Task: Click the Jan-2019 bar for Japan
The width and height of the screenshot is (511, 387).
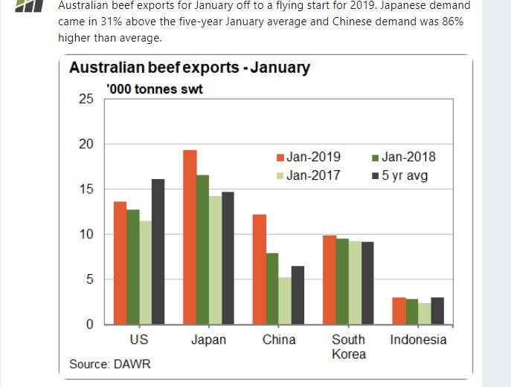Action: click(190, 238)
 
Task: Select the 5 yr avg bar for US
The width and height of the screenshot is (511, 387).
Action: click(158, 252)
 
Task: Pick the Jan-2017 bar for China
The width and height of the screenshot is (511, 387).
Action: click(285, 301)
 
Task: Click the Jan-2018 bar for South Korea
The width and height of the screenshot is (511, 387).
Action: click(341, 282)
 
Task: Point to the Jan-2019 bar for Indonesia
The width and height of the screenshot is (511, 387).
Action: click(399, 311)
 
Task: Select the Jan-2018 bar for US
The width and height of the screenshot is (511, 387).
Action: click(132, 267)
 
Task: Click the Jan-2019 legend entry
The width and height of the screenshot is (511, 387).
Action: click(309, 157)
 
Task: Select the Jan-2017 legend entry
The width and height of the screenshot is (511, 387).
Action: click(309, 176)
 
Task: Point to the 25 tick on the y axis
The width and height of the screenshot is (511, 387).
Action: click(86, 100)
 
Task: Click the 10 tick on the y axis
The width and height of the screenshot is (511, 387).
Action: click(86, 235)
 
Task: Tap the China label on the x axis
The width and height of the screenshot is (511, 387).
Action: click(279, 340)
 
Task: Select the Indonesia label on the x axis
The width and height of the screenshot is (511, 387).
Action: click(418, 340)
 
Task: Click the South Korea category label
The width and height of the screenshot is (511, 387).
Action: click(348, 347)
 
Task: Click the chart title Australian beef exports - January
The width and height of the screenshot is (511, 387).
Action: click(190, 68)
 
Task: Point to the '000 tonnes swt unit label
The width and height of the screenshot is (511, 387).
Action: click(155, 89)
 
